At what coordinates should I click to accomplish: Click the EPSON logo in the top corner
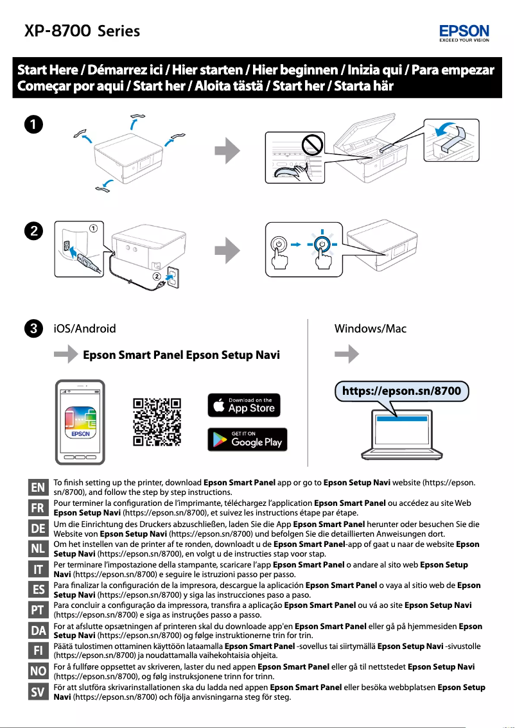[464, 32]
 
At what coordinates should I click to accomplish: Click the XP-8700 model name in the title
[57, 31]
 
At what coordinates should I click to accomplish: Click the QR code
[157, 422]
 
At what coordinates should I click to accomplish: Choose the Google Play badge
[247, 439]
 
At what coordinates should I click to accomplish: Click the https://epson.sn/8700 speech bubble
[401, 390]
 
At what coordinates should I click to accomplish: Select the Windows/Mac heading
[371, 329]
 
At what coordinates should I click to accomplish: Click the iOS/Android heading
[84, 329]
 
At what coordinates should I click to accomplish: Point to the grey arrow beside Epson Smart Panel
[67, 355]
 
